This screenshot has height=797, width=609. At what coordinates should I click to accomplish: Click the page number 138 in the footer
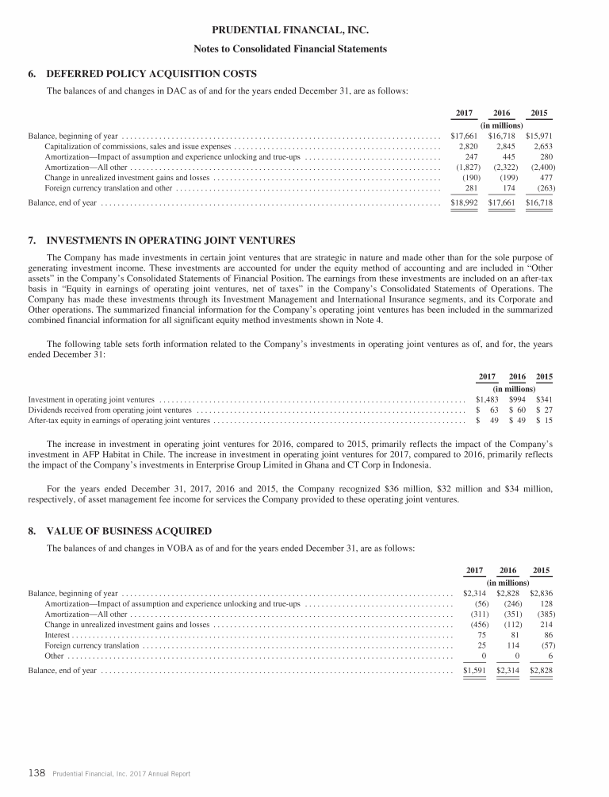tap(36, 773)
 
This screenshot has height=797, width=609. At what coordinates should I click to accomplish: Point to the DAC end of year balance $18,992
tap(463, 202)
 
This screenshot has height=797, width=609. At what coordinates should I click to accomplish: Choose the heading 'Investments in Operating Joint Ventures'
tap(170, 240)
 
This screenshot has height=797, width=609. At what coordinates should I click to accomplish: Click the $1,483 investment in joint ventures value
tap(486, 398)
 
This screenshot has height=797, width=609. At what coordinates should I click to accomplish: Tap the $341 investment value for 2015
tap(544, 398)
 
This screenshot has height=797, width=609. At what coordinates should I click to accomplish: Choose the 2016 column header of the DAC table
tap(502, 113)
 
